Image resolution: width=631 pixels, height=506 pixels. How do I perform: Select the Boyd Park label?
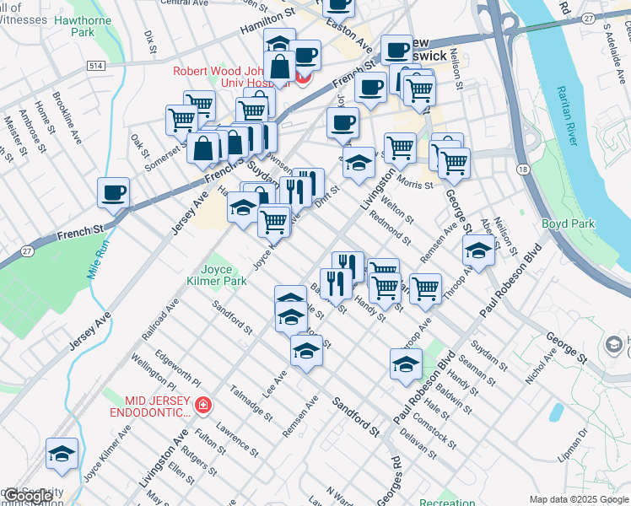tap(568, 223)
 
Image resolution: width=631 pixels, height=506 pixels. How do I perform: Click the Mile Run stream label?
tap(98, 261)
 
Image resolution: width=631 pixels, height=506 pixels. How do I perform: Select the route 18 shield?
tap(524, 170)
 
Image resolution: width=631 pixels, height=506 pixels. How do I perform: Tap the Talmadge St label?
tap(252, 403)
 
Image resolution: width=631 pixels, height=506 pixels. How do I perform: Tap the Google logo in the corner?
tap(29, 495)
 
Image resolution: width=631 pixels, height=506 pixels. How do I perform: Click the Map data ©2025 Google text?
tap(578, 499)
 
